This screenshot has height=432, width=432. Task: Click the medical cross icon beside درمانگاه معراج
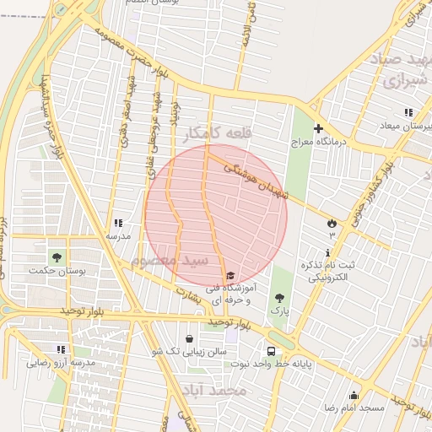tap(318, 128)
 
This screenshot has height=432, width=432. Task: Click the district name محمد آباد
tap(213, 391)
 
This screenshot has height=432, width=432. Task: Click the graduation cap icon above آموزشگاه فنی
tap(230, 276)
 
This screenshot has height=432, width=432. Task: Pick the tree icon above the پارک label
tap(279, 298)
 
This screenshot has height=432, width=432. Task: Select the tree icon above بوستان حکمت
tap(57, 256)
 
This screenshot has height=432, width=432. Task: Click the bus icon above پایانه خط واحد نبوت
tap(272, 351)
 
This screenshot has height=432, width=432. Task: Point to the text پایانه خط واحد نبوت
tap(272, 364)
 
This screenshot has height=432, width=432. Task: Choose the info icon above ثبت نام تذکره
tap(328, 252)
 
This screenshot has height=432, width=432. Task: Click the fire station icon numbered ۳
tap(332, 224)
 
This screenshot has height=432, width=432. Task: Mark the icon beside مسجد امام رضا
tap(354, 396)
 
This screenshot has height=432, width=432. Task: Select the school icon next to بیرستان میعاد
tap(409, 112)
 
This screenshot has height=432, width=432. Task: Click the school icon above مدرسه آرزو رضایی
tap(61, 349)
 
